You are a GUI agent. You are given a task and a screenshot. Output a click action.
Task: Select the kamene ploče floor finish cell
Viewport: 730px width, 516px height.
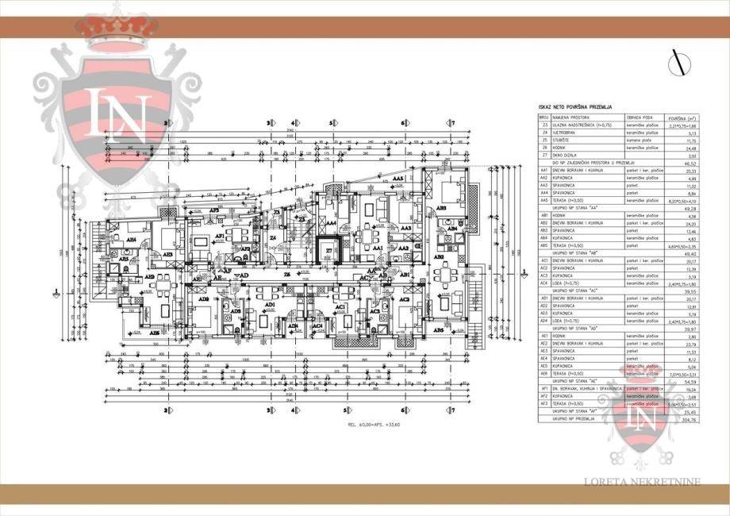[x=638, y=140]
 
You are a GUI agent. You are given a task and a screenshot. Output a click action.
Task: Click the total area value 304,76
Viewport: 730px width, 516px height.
[x=674, y=421]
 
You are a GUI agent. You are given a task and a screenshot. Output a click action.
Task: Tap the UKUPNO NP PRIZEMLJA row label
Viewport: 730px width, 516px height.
[x=577, y=421]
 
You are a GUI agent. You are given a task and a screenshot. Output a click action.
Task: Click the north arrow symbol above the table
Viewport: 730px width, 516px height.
[x=678, y=62]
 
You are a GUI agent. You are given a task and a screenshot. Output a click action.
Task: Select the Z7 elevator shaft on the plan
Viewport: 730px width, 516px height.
[x=328, y=251]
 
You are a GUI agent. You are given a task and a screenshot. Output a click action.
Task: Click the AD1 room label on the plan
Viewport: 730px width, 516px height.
[x=271, y=304]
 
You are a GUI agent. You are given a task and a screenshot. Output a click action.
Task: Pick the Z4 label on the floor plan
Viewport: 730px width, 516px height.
[x=272, y=238]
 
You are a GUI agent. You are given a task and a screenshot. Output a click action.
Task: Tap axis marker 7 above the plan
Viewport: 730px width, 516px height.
[x=452, y=123]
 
